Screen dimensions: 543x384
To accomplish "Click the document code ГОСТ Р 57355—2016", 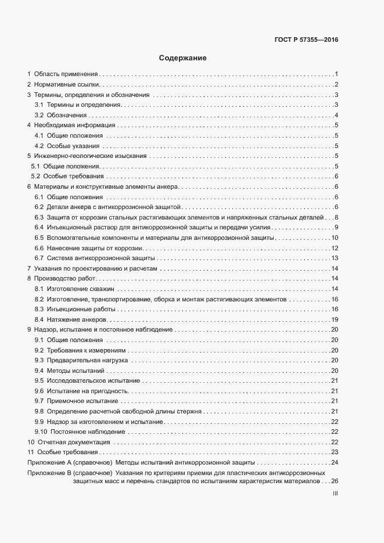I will pos(306,40).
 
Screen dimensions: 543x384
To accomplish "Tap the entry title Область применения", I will pos(66,74).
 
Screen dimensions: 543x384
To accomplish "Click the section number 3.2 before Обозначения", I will pos(39,115).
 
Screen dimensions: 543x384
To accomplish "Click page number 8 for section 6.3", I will pos(336,217).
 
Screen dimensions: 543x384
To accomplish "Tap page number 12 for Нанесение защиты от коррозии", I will pos(335,248).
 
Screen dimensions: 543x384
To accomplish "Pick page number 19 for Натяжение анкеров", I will pos(335,319).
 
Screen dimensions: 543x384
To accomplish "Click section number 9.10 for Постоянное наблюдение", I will pos(41,431).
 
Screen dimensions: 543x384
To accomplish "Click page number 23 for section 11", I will pos(335,452).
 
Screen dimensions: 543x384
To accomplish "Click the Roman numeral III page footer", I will pos(335,494).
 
